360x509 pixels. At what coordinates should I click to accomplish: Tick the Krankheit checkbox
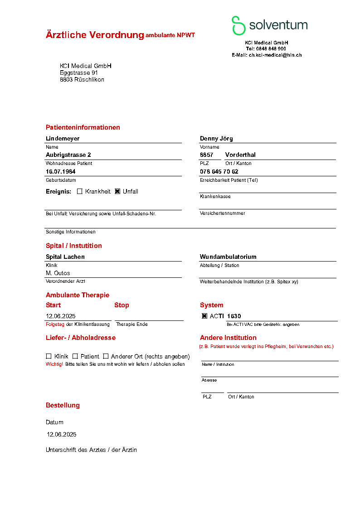point(80,191)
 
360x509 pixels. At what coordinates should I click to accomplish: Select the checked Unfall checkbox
point(117,191)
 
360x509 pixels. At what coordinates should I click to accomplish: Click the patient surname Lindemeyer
point(63,138)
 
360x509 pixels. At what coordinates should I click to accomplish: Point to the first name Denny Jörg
point(216,138)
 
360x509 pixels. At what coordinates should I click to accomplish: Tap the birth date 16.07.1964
point(60,171)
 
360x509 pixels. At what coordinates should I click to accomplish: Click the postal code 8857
point(206,155)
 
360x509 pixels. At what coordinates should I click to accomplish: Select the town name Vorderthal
point(240,155)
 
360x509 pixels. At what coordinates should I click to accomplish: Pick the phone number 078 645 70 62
point(219,171)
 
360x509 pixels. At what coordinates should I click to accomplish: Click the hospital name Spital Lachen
point(65,257)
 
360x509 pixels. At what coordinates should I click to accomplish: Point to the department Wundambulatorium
point(228,257)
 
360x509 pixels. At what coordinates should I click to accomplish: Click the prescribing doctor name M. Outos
point(58,273)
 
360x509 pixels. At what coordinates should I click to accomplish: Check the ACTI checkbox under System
point(204,316)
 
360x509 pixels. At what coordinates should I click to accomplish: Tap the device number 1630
point(234,316)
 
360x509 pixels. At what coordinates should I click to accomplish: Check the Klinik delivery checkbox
point(49,356)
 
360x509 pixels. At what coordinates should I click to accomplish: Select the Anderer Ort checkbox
point(106,356)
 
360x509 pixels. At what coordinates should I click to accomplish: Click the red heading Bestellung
point(63,405)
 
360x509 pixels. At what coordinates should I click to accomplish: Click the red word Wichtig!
point(54,364)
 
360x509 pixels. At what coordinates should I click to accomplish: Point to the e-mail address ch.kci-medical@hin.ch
point(275,55)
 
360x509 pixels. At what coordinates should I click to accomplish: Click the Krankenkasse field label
point(215,197)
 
